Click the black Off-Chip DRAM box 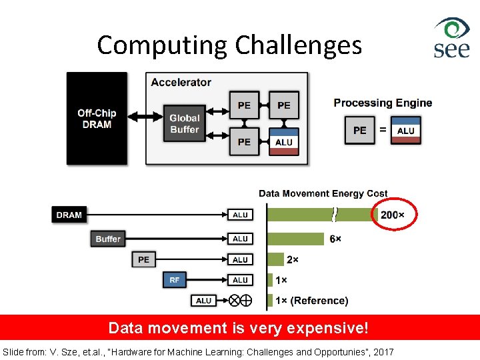[97, 119]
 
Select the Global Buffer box [185, 123]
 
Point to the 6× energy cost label [335, 239]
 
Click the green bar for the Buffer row [296, 239]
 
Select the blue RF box [174, 280]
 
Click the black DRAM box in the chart [69, 215]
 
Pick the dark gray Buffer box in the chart [108, 239]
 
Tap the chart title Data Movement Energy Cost [323, 193]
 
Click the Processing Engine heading [383, 103]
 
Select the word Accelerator [181, 83]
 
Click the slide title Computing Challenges [229, 45]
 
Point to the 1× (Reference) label [312, 301]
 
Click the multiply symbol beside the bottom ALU [235, 301]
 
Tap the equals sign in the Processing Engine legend [383, 131]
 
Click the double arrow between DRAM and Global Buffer [145, 117]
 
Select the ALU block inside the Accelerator [283, 142]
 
